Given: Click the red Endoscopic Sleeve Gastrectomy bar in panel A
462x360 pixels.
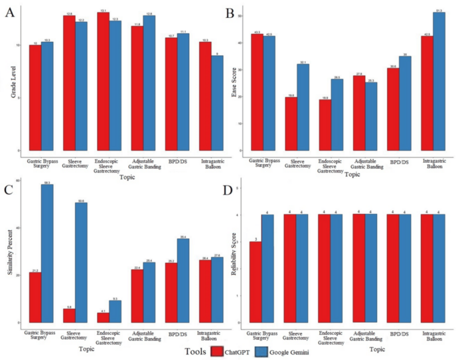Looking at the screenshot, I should [x=103, y=81].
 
